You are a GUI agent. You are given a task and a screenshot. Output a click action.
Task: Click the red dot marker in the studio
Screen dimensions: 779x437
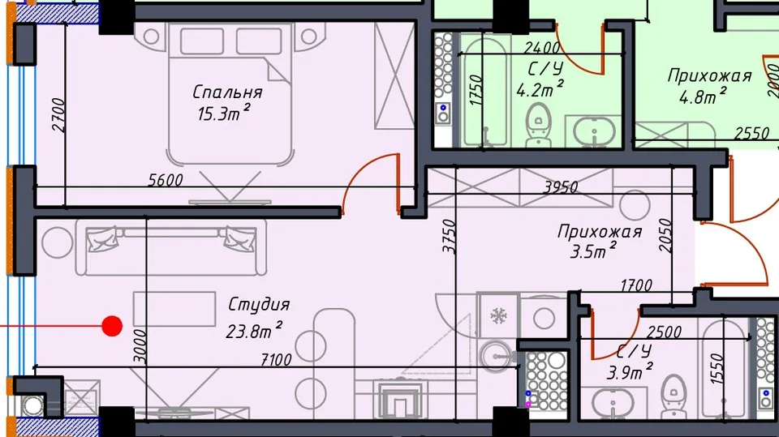click(112, 326)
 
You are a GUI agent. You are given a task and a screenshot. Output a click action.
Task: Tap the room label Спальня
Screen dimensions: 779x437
click(227, 92)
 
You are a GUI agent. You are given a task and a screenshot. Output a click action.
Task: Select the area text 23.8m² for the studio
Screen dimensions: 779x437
click(254, 329)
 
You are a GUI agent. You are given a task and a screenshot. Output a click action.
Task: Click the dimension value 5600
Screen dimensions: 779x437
click(166, 180)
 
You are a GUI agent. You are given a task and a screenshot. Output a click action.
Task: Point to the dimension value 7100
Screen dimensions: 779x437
click(276, 359)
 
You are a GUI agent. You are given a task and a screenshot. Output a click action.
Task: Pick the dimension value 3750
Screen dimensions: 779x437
click(449, 237)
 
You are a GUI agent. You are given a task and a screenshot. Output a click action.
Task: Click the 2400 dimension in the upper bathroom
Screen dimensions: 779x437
click(542, 48)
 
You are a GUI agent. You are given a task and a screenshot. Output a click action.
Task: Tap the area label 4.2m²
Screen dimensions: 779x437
click(540, 89)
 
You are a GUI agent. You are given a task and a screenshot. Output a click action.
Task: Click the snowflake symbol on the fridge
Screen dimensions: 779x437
click(497, 315)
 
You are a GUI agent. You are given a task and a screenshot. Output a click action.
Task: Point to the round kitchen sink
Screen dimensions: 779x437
click(495, 356)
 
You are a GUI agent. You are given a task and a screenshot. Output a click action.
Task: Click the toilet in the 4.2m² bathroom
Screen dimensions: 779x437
click(538, 124)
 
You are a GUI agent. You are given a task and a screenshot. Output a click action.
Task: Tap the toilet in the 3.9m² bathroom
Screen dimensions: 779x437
click(674, 396)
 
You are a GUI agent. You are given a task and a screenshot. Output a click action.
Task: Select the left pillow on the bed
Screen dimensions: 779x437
click(201, 41)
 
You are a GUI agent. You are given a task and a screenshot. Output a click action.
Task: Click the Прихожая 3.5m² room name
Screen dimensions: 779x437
click(599, 232)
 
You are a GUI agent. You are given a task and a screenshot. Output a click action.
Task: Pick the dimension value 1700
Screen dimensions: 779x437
click(636, 285)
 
